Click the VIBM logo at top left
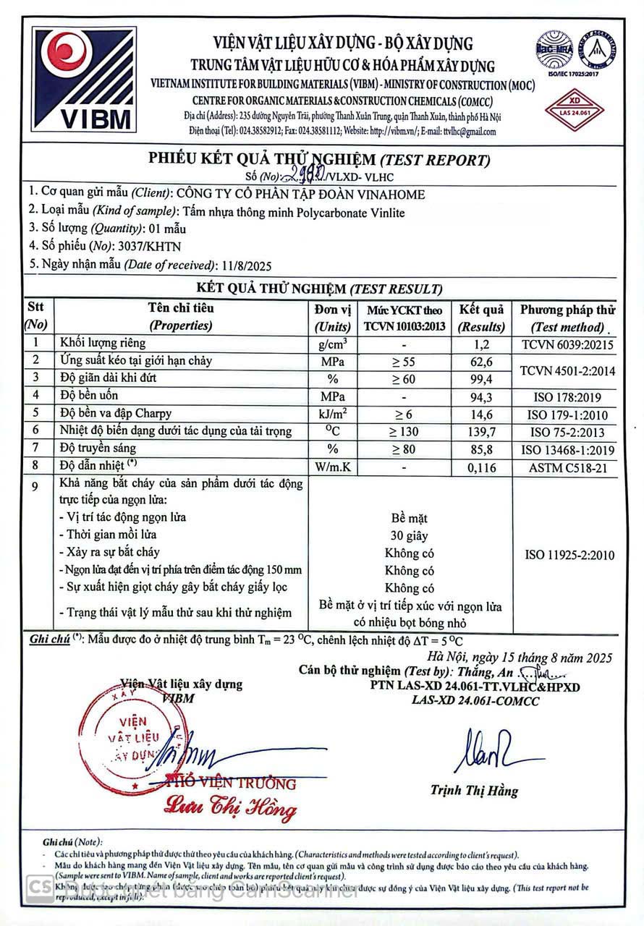(x=81, y=78)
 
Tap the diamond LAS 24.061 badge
(x=576, y=106)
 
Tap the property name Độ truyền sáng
(x=98, y=449)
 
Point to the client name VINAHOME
(x=390, y=194)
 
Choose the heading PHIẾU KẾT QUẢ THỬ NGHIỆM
(x=262, y=159)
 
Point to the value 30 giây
(x=409, y=536)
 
